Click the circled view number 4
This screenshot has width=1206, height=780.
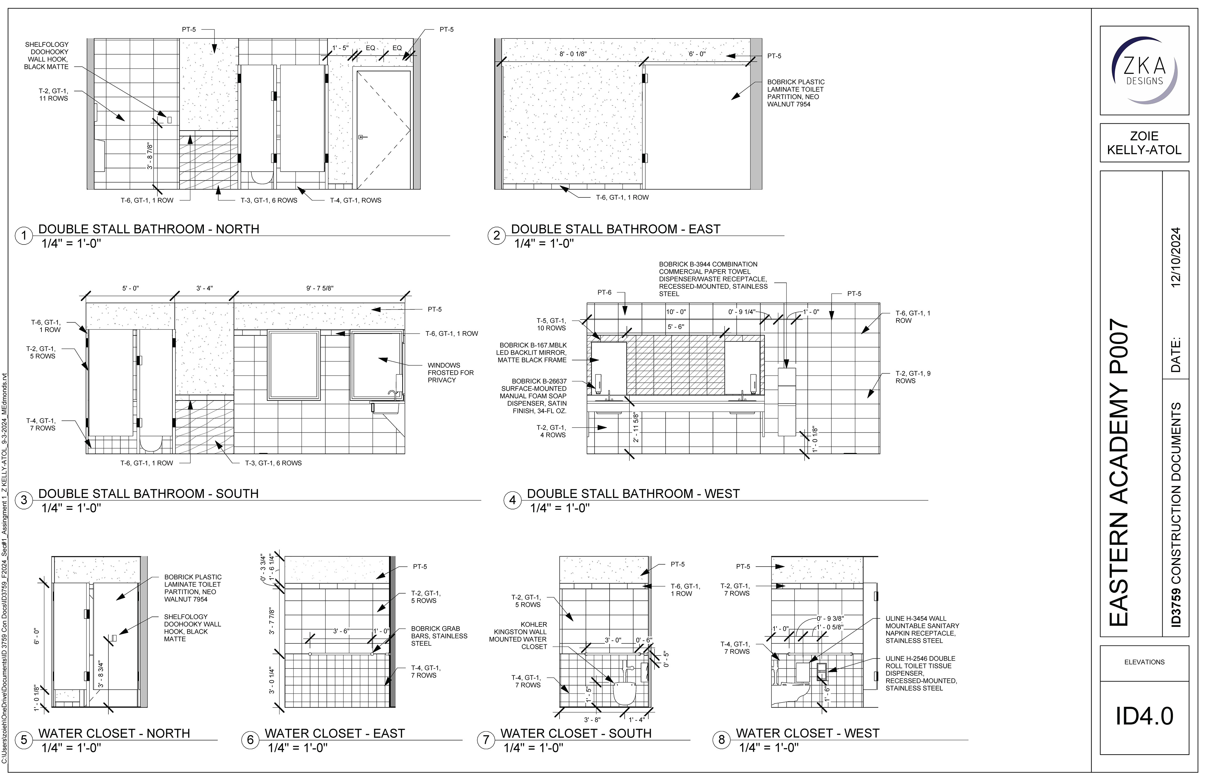click(x=512, y=500)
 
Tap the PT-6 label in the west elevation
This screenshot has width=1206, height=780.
click(x=604, y=292)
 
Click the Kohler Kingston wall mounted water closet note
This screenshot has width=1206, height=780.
click(x=518, y=635)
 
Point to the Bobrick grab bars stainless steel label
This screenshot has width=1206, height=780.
click(x=439, y=636)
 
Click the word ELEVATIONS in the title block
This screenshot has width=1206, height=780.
click(x=1144, y=662)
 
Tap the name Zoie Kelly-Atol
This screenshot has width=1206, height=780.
click(x=1144, y=143)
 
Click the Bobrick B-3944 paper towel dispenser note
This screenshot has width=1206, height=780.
click(x=713, y=279)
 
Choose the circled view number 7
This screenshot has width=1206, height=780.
click(x=486, y=740)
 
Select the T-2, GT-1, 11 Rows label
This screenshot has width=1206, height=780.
click(x=53, y=95)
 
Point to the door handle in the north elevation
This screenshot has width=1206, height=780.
click(x=361, y=137)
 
